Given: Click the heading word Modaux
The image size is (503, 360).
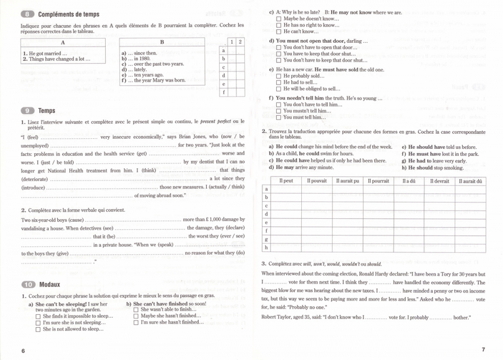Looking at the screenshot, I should (50, 284).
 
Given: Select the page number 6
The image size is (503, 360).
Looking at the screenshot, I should (23, 350).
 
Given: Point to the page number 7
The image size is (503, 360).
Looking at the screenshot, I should (483, 349).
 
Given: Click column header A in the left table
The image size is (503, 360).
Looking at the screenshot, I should (62, 43).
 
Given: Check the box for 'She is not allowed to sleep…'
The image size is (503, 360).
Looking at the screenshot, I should (38, 330).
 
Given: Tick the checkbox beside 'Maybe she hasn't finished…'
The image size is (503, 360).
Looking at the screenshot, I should (136, 316).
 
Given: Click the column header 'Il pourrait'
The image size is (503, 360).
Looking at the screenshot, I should (378, 181).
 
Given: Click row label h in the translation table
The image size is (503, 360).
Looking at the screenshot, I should (267, 247).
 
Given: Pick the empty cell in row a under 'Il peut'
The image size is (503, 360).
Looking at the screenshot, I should (286, 189).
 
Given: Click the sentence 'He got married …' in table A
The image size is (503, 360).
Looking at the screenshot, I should (45, 53).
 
